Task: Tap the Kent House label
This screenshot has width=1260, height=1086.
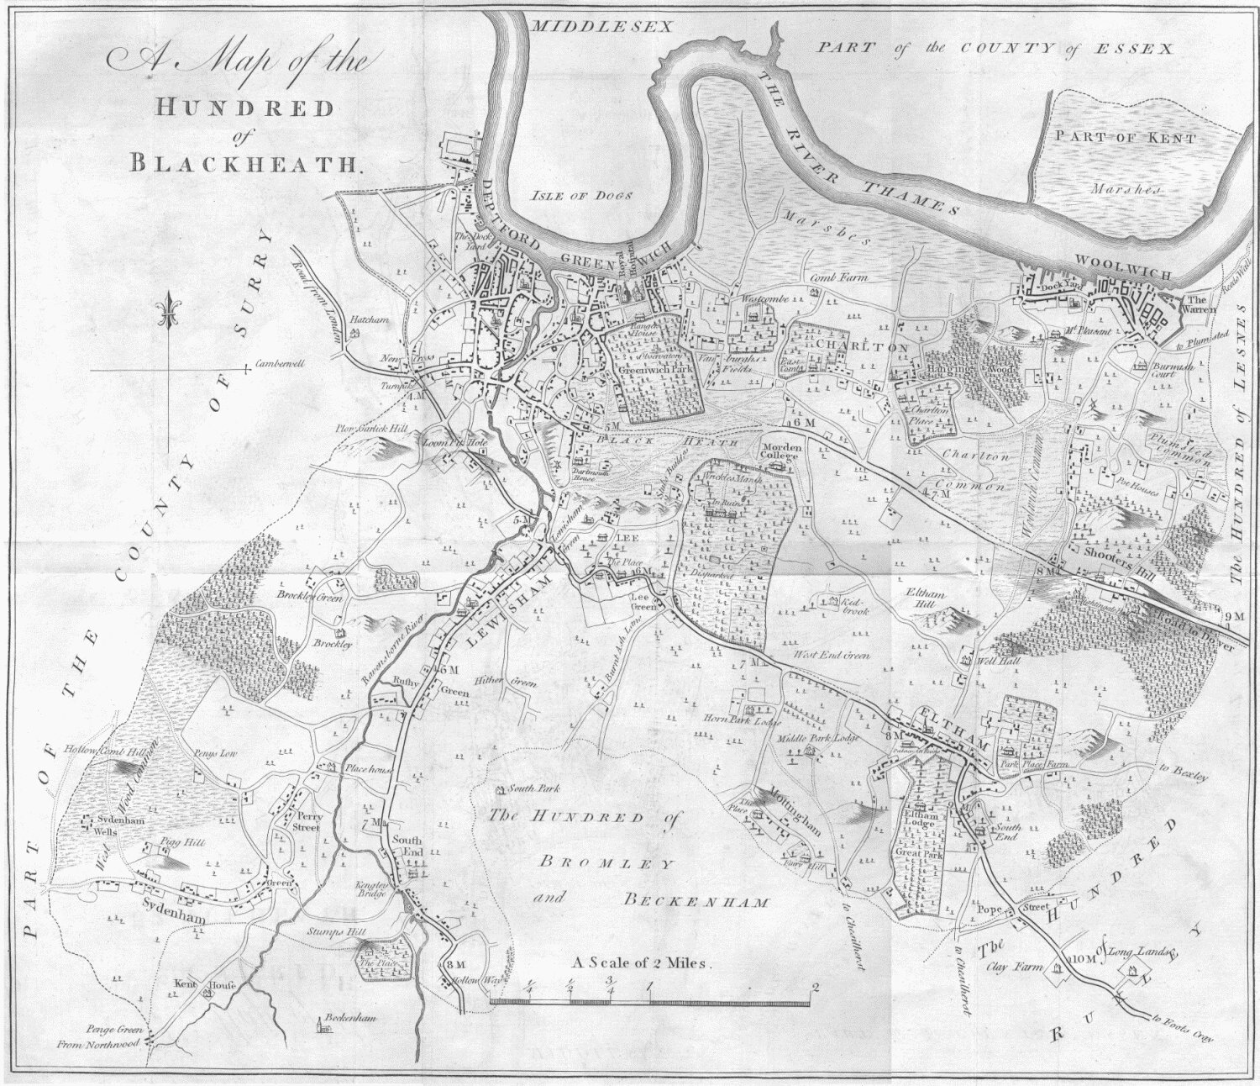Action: tap(207, 983)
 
